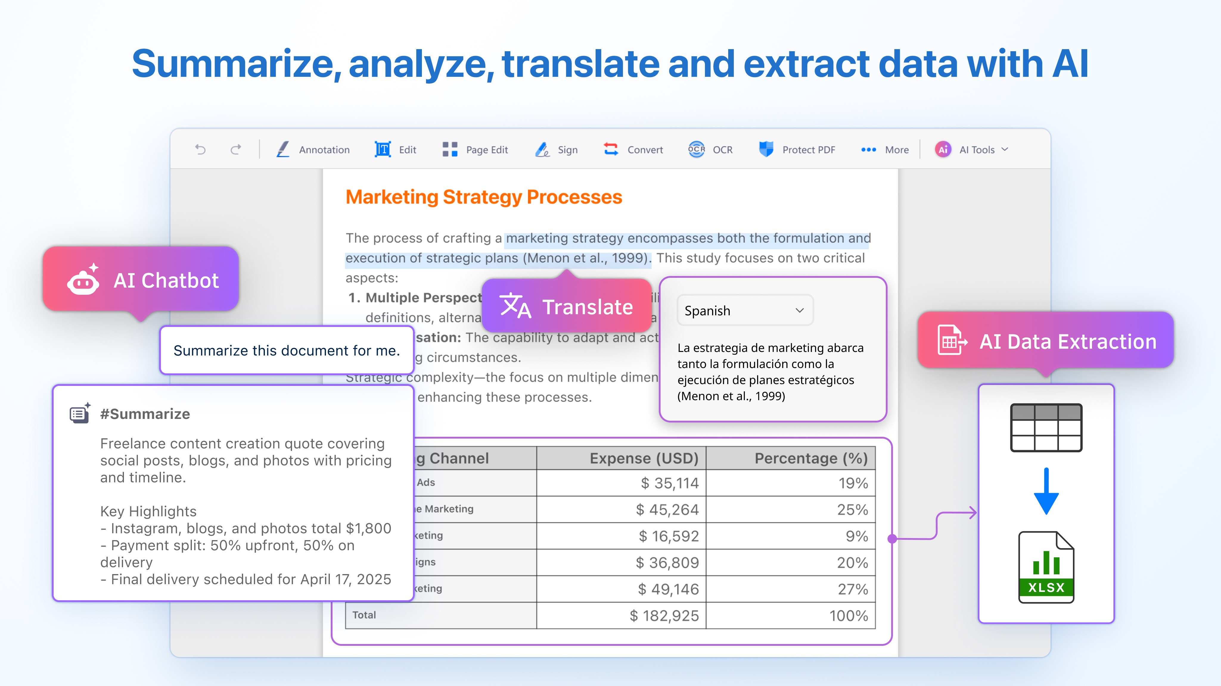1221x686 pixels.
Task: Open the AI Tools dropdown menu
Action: pos(972,150)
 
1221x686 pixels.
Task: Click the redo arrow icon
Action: pos(236,150)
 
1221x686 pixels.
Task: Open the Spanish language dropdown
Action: pos(745,310)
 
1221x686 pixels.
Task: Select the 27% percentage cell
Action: pos(852,589)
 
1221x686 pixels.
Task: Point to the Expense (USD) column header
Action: pos(644,458)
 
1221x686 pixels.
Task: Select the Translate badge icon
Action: pos(515,306)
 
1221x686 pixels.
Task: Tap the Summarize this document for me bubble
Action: pos(287,350)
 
